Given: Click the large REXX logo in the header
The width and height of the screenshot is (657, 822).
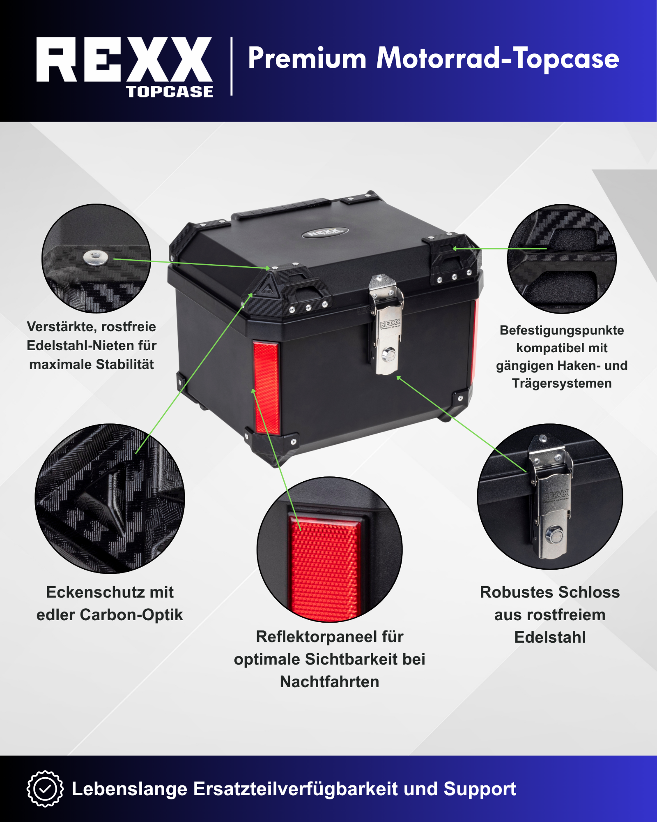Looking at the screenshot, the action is tap(124, 60).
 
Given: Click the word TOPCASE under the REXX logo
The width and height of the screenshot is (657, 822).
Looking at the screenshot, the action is tap(170, 92).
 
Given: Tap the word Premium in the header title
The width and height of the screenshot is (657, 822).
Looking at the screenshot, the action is tap(307, 58).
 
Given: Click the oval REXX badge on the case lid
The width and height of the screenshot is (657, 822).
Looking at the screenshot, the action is tap(325, 233).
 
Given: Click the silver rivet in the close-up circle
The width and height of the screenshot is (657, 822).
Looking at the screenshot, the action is tap(95, 258).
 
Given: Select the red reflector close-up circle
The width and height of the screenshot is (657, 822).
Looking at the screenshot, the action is tap(330, 550).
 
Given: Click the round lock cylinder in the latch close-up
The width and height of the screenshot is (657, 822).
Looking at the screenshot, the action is tap(554, 535).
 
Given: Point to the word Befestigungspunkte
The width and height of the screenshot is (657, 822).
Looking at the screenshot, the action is tap(562, 330).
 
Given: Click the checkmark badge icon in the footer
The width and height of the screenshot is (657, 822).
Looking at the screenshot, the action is tap(45, 789).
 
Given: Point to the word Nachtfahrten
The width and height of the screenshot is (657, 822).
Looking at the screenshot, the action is tap(330, 682).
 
